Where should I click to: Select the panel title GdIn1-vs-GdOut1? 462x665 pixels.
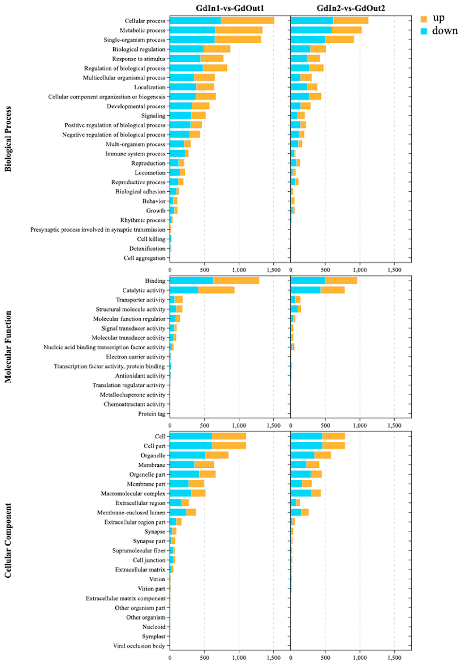[x=230, y=8]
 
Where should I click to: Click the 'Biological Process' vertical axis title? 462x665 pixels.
[x=8, y=139]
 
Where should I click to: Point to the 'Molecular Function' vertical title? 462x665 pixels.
[x=8, y=347]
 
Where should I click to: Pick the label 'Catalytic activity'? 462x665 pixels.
[x=144, y=290]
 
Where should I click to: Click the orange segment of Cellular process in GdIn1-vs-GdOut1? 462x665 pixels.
[x=247, y=21]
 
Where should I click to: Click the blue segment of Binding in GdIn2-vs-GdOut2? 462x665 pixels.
[x=308, y=281]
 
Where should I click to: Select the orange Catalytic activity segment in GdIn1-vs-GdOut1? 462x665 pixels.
[x=216, y=290]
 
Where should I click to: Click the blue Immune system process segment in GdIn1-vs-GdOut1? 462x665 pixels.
[x=177, y=153]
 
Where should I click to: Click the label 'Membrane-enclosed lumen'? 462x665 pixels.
[x=131, y=512]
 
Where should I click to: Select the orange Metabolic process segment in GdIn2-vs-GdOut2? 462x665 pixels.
[x=346, y=30]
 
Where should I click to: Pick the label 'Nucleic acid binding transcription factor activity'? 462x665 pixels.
[x=104, y=347]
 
